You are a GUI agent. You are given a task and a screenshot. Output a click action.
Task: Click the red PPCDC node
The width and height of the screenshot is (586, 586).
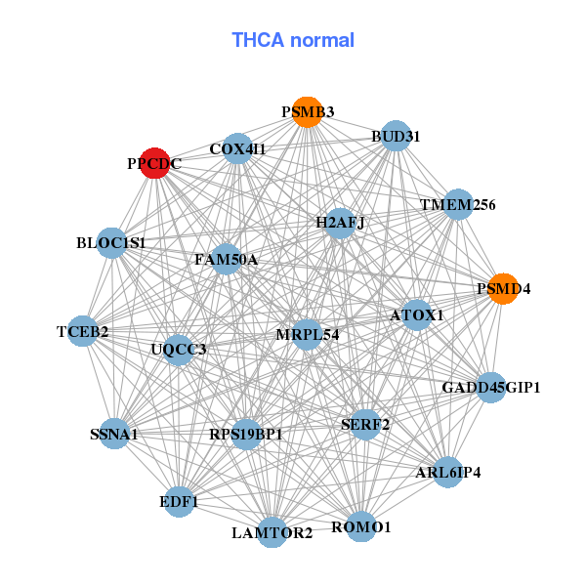coord(154,163)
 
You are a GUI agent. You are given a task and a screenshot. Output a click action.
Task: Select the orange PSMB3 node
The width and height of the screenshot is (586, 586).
coord(308,112)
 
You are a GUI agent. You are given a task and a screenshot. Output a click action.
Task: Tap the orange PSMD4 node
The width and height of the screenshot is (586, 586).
coord(503,289)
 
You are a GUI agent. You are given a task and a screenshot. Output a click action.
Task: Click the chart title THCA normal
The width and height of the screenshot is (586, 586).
coord(293,40)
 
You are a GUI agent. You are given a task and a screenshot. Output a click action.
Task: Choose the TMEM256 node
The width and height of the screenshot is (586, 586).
coord(458,205)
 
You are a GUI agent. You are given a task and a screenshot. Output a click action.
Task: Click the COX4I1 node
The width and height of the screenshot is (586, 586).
coord(237,149)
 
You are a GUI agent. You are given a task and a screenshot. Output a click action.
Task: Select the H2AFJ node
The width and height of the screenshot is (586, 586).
coord(340,224)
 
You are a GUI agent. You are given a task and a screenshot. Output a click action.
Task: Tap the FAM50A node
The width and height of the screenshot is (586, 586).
coord(226,260)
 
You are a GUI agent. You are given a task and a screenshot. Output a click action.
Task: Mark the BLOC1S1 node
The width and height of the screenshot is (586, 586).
coord(111,242)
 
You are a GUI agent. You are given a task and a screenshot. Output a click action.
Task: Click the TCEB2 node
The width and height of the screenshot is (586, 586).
coord(83,332)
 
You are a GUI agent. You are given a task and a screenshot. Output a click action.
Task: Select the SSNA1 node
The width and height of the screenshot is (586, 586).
coord(114,434)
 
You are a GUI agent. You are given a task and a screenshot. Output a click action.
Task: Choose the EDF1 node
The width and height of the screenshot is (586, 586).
coord(179,502)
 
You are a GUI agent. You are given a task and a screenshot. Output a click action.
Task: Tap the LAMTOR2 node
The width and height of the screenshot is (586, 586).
coord(272,532)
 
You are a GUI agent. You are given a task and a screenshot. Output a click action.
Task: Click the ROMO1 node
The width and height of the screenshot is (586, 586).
coord(360,526)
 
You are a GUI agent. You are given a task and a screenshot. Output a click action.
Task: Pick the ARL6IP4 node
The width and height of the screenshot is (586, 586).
coord(447,473)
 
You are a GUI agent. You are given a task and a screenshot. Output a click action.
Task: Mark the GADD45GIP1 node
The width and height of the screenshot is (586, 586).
coord(490,388)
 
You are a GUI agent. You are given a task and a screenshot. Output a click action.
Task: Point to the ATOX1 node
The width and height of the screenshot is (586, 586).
coord(417,315)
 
